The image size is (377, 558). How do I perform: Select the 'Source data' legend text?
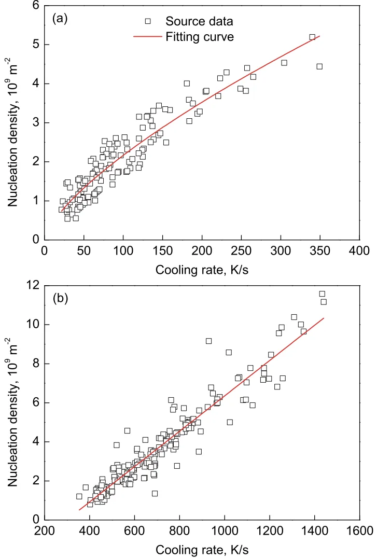point(199,21)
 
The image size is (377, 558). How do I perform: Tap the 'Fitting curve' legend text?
point(200,37)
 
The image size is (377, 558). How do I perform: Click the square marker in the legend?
point(147,21)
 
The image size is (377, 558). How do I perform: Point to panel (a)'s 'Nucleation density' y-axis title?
point(14,122)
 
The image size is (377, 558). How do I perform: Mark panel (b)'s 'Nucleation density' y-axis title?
point(14,403)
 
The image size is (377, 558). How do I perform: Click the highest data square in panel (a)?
point(312,37)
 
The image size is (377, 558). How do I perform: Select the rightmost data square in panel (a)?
point(319,66)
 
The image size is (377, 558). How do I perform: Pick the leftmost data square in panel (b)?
point(79,496)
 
